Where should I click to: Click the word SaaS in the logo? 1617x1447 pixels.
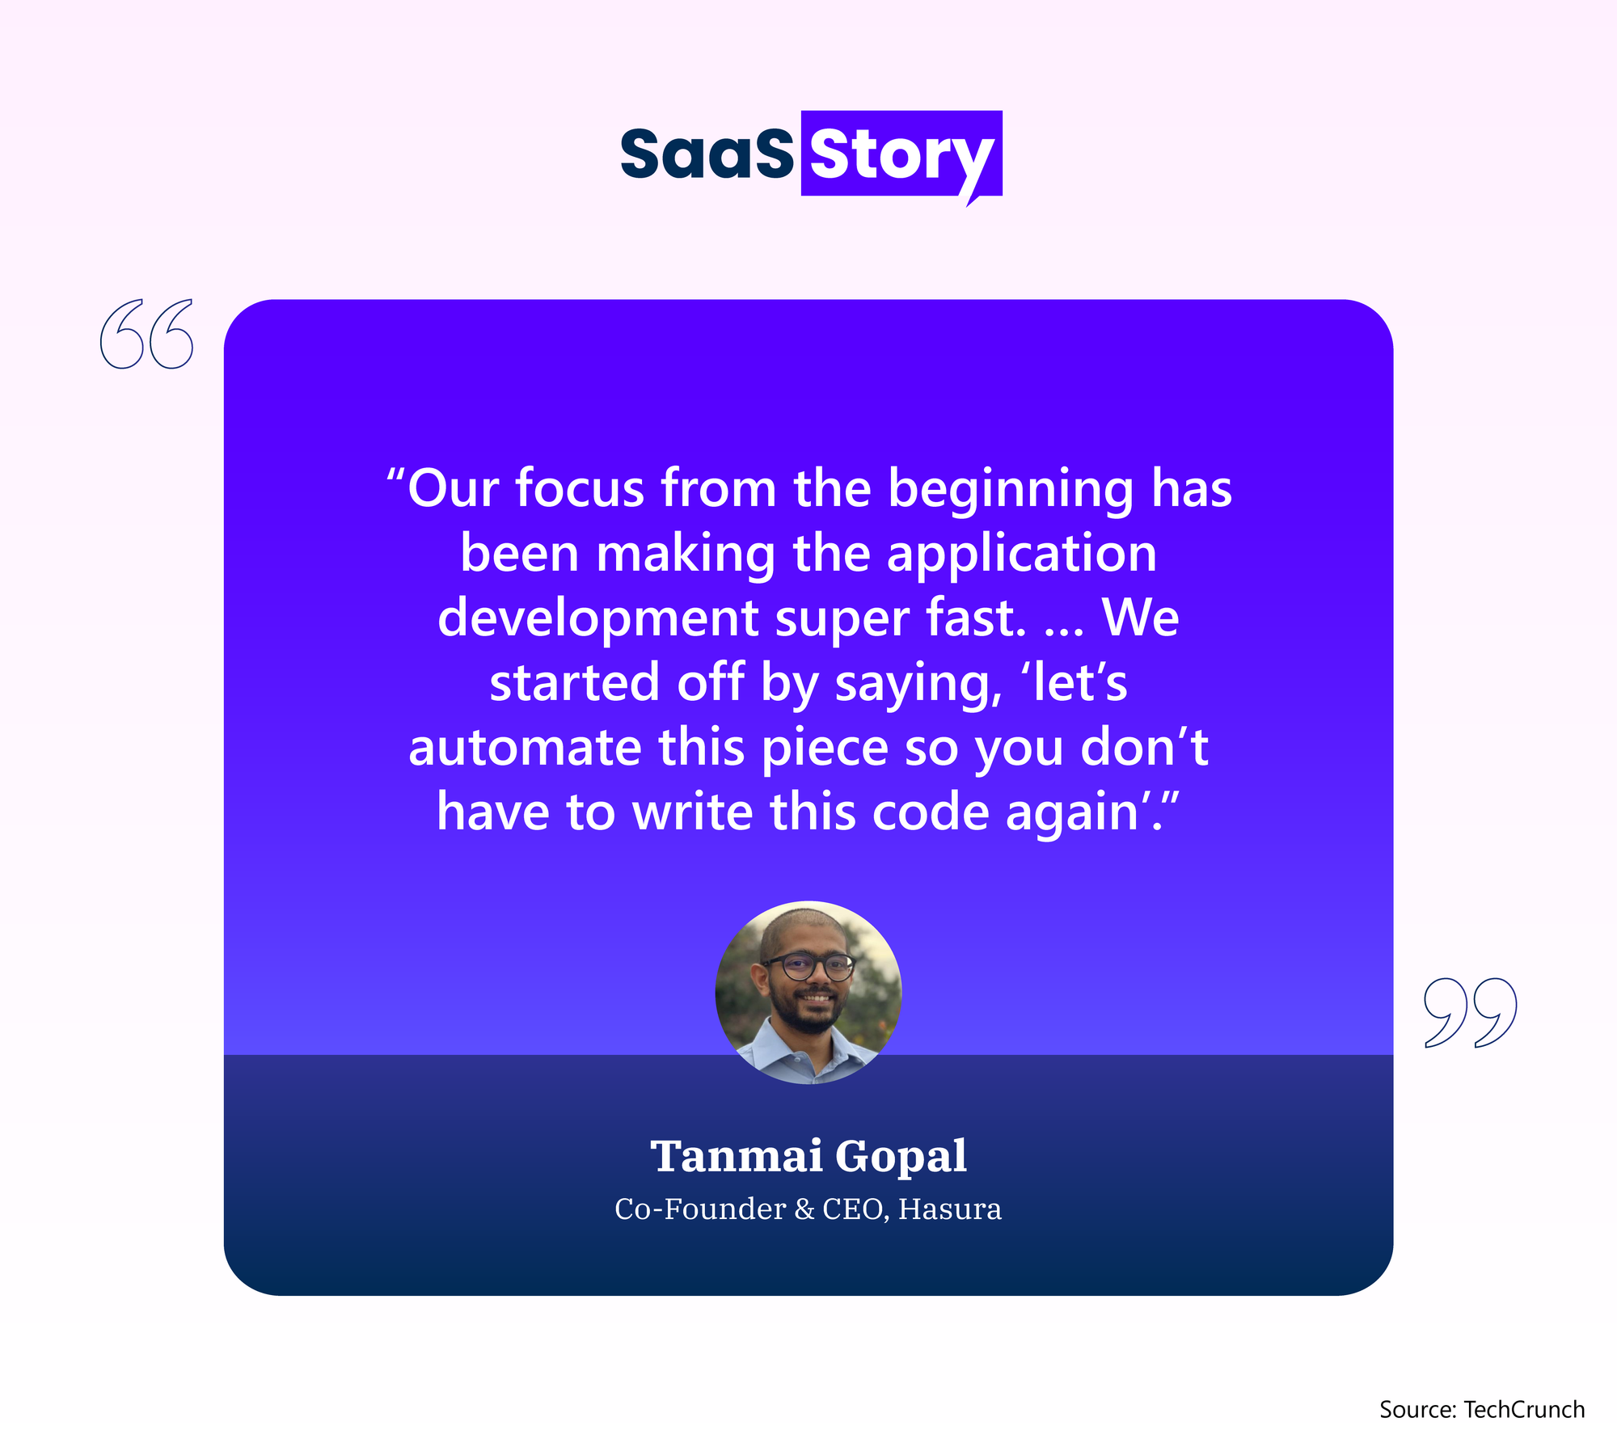[x=707, y=154]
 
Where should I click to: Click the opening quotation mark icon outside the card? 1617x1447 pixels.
[x=147, y=334]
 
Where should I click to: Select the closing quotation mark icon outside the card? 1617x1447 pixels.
[x=1470, y=1013]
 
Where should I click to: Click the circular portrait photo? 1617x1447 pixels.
[x=808, y=992]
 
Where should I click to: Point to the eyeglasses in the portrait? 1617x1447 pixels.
[x=808, y=966]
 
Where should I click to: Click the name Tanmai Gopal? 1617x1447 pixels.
[x=808, y=1155]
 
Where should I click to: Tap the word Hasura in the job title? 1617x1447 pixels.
[x=950, y=1209]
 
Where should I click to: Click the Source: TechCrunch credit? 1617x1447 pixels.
[x=1482, y=1409]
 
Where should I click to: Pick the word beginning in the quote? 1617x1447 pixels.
[x=1011, y=490]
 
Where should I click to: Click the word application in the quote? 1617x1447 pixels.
[x=1022, y=555]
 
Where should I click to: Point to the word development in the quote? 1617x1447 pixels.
[x=598, y=619]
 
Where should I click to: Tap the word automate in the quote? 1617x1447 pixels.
[x=525, y=747]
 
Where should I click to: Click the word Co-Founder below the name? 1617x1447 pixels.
[x=700, y=1209]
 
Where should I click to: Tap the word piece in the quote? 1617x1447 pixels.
[x=825, y=749]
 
